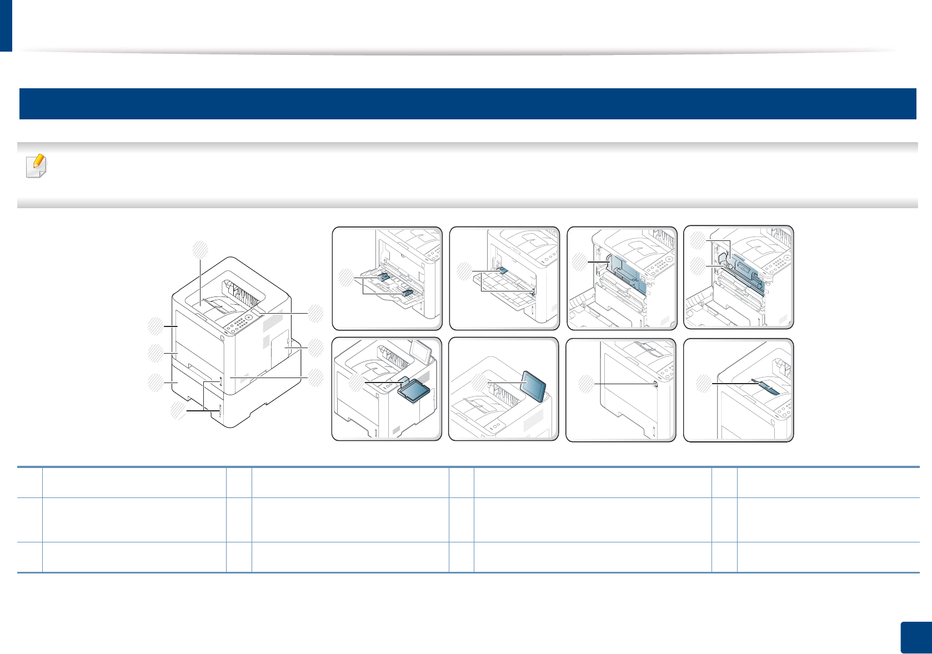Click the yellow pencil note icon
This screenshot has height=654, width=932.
click(x=37, y=165)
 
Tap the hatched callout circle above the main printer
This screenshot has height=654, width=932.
click(x=200, y=249)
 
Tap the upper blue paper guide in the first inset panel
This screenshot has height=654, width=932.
click(x=383, y=276)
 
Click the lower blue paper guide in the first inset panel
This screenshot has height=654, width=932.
click(x=408, y=293)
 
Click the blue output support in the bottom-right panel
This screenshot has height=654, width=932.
click(x=768, y=386)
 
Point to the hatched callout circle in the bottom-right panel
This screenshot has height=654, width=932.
click(x=704, y=384)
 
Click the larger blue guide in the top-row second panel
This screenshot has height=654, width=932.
click(x=503, y=270)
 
